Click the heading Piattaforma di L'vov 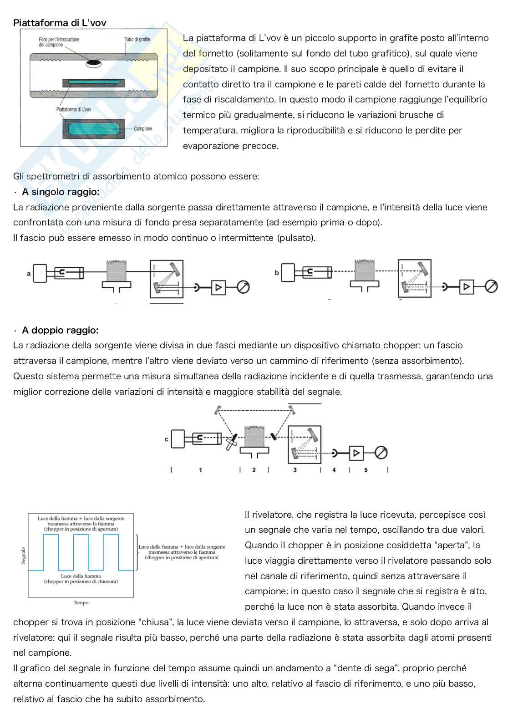click(x=60, y=23)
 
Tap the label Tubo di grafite click(x=137, y=40)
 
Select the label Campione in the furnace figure click(x=143, y=129)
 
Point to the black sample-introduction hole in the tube click(x=95, y=63)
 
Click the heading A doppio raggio click(x=60, y=330)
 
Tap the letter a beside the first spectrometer click(x=29, y=274)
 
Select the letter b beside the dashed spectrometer click(x=277, y=273)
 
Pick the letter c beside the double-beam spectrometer click(x=167, y=439)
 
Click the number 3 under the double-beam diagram click(x=295, y=470)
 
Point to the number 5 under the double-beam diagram click(x=366, y=470)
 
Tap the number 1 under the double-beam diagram click(x=200, y=470)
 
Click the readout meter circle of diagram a click(x=244, y=287)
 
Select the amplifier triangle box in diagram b click(x=466, y=286)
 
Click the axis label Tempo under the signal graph click(x=81, y=603)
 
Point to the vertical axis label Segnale click(x=24, y=555)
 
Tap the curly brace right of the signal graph click(x=137, y=552)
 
